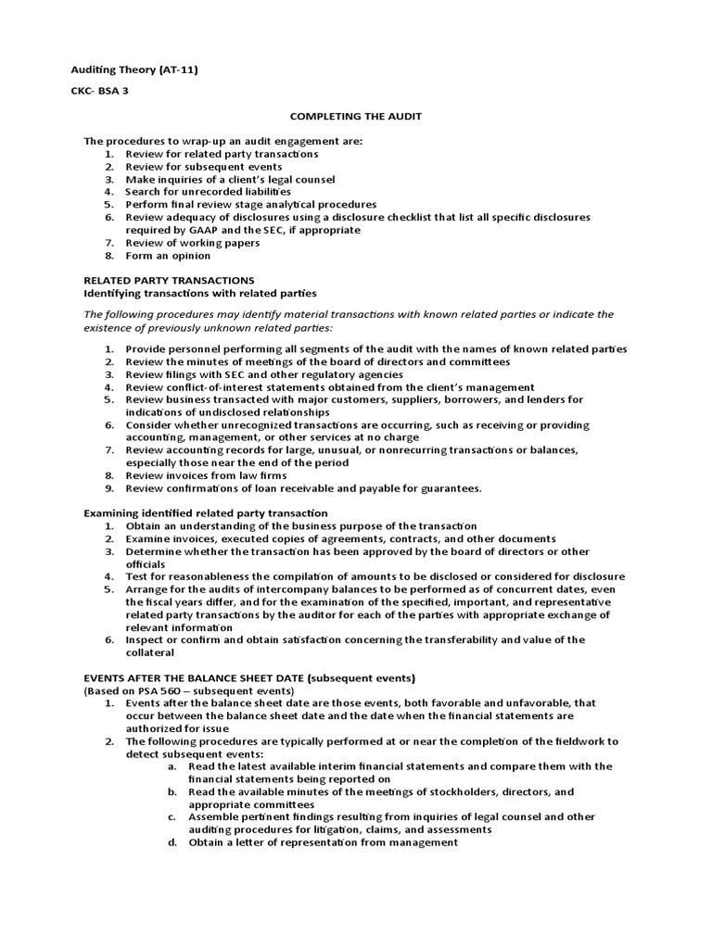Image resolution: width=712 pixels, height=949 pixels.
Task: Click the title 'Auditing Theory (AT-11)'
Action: [135, 70]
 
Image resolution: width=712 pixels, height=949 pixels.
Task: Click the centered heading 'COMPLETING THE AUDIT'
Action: [344, 116]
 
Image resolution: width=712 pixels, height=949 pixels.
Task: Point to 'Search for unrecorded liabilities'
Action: [201, 191]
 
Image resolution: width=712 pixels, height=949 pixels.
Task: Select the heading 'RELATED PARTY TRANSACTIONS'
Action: [169, 279]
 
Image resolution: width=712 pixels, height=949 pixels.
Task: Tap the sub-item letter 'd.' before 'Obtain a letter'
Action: [172, 843]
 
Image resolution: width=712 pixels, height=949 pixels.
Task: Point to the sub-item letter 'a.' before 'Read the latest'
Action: [172, 766]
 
